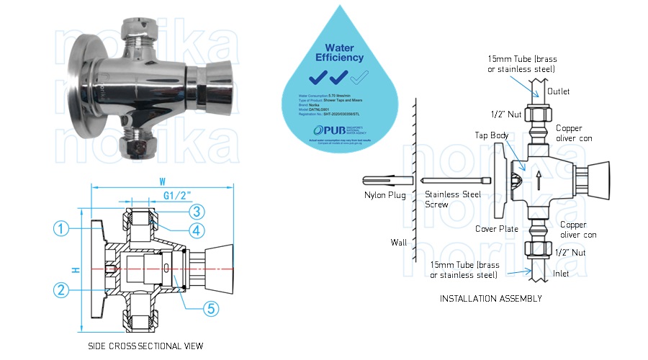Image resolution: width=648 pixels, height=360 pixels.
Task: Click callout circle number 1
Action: point(63,229)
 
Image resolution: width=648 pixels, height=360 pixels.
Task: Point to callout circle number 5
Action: point(210,308)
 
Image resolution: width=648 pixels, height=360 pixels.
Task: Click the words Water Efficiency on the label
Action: point(336,52)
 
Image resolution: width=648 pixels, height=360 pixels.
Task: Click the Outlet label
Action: point(559,92)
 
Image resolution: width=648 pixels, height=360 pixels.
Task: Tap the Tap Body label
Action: point(490,135)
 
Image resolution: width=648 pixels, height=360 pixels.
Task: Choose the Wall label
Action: point(399,242)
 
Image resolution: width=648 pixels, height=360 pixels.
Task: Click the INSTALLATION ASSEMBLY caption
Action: point(490,298)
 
